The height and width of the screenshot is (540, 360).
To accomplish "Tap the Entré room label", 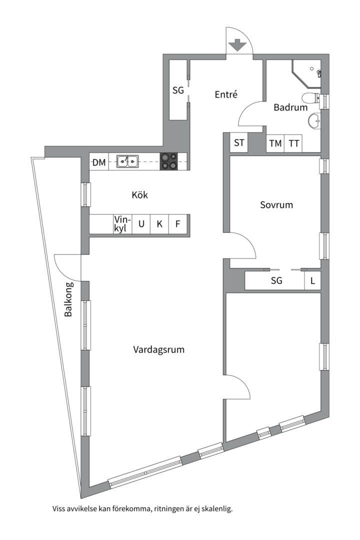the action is [226, 94].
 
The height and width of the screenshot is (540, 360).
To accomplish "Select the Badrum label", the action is [290, 107].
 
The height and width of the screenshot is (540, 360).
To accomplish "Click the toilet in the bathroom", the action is [310, 98].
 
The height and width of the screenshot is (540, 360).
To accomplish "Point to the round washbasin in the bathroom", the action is [314, 120].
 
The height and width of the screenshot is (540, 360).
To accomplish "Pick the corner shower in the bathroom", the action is [306, 74].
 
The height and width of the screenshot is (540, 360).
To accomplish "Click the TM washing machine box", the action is [275, 143].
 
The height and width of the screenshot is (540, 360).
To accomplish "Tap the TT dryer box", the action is [293, 143].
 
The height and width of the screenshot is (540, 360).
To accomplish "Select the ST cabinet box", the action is [239, 142].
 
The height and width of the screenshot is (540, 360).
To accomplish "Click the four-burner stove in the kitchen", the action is [169, 161].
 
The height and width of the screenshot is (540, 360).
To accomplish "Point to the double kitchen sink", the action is [127, 161].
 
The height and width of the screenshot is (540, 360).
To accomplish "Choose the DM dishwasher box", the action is [99, 162].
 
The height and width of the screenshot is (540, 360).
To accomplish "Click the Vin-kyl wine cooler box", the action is [122, 224].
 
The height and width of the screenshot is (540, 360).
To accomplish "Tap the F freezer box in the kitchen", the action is [178, 224].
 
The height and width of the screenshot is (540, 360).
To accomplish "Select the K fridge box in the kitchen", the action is [159, 224].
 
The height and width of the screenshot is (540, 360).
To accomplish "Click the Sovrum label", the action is [276, 205].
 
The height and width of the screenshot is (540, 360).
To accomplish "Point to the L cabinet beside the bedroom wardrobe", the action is [313, 280].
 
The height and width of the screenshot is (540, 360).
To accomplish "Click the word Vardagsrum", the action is [159, 350].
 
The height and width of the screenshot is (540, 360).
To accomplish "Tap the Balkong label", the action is [68, 299].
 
